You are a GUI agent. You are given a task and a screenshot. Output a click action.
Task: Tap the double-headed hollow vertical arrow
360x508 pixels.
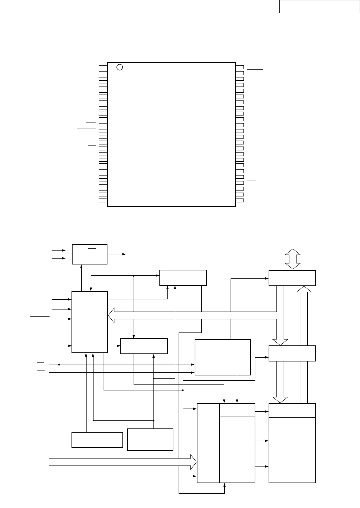(x=293, y=259)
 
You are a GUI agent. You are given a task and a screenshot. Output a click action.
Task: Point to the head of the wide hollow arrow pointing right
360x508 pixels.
(x=193, y=462)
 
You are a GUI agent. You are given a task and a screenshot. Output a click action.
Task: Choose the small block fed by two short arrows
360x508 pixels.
(x=89, y=254)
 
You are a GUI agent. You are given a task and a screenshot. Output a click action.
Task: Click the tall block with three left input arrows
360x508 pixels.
(x=89, y=322)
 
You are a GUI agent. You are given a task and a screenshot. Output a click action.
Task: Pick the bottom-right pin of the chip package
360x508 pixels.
(x=240, y=200)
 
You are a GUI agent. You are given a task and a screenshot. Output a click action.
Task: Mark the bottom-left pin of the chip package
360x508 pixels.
(x=102, y=200)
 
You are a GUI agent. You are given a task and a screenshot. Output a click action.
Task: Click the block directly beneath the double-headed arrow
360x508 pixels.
(x=292, y=278)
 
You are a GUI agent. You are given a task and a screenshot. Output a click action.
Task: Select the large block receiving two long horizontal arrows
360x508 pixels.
(x=223, y=357)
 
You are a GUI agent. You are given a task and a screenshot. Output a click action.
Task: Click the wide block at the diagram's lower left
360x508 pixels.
(x=97, y=440)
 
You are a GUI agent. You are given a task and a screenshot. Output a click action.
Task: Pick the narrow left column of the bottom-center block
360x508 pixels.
(x=208, y=443)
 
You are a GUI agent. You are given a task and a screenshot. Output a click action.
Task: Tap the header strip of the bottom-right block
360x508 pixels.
(x=292, y=410)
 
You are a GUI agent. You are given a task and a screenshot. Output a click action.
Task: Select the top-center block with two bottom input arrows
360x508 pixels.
(x=183, y=277)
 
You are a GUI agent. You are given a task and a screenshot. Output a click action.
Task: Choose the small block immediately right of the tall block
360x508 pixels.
(x=144, y=346)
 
